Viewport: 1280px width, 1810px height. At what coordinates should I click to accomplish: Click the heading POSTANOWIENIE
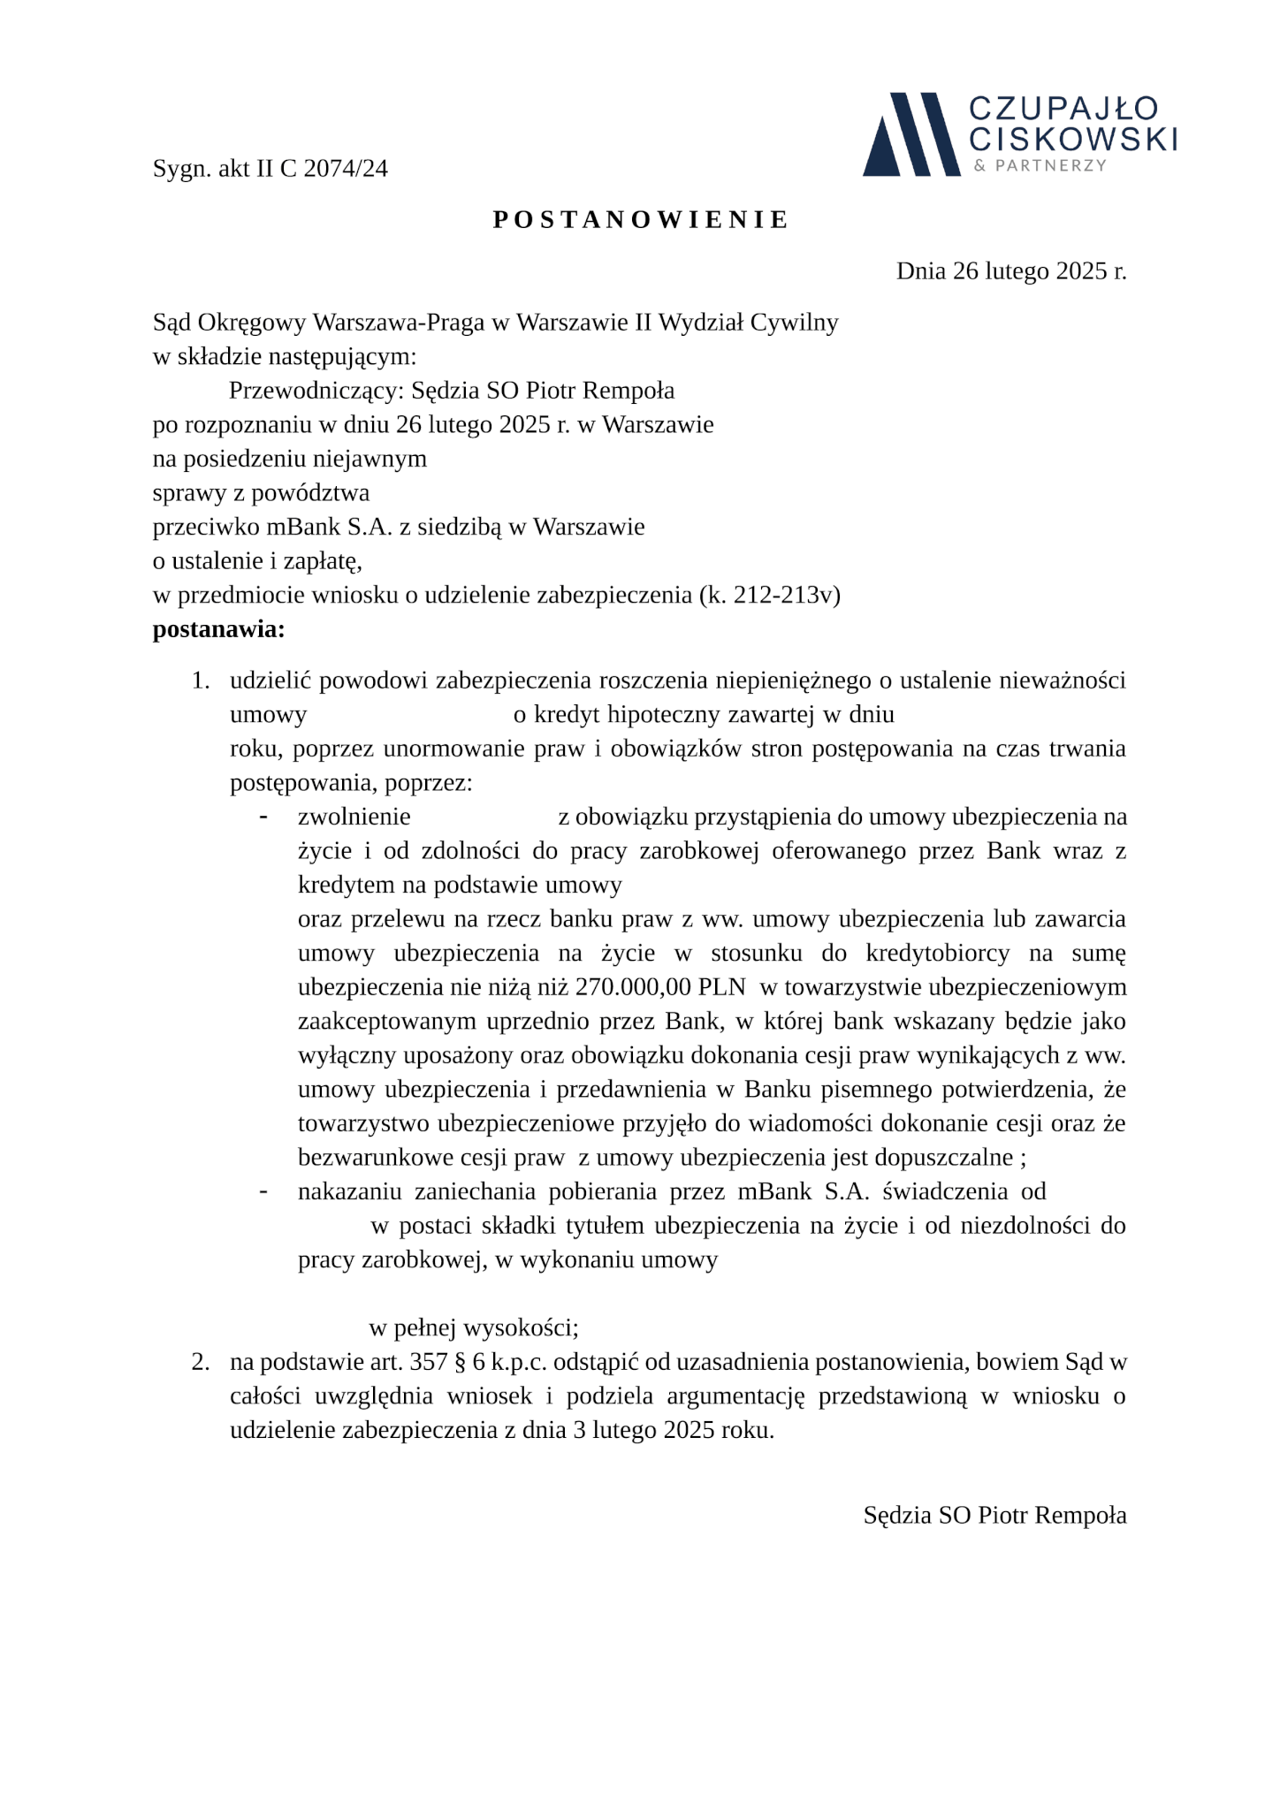tap(640, 220)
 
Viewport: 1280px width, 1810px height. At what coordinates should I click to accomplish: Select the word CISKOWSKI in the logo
tap(1072, 139)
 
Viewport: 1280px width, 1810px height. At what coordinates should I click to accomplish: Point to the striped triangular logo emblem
tap(910, 134)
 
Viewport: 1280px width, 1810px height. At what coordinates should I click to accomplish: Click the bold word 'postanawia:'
tap(218, 629)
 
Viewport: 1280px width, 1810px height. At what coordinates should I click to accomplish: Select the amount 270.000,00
tap(632, 986)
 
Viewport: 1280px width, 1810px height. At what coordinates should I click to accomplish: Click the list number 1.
tap(201, 681)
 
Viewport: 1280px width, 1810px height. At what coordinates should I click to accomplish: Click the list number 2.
tap(201, 1362)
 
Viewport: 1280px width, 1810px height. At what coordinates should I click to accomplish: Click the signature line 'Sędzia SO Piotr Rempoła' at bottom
tap(994, 1515)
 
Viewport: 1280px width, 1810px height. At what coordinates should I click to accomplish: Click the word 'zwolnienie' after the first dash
tap(354, 817)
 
